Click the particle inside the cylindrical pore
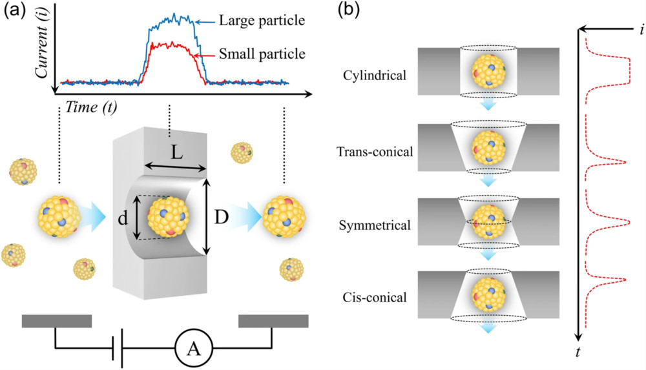point(488,72)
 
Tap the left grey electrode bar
point(57,321)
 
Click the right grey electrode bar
point(273,321)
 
